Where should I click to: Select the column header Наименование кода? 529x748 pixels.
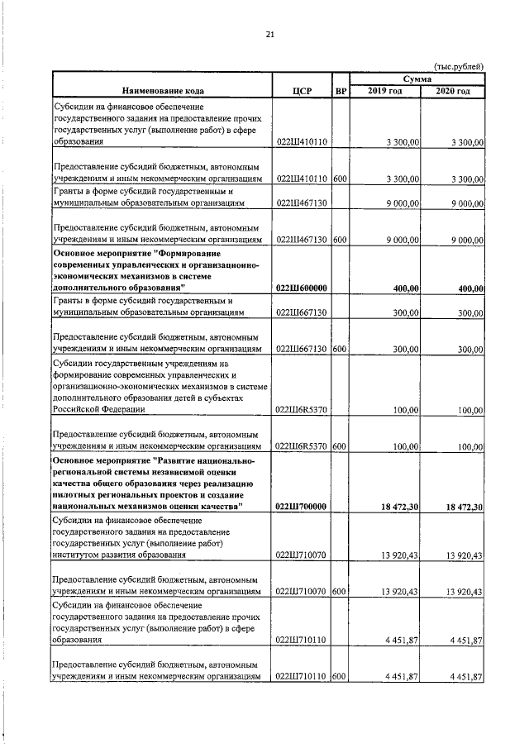[x=161, y=90]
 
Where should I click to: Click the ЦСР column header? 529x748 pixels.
[x=302, y=90]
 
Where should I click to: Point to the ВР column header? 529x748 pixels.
[x=341, y=90]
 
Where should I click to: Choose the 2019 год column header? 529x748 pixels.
[x=385, y=90]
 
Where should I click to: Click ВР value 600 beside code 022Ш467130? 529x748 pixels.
[x=340, y=241]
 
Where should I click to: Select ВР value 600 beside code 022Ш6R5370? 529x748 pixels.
[x=340, y=446]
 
